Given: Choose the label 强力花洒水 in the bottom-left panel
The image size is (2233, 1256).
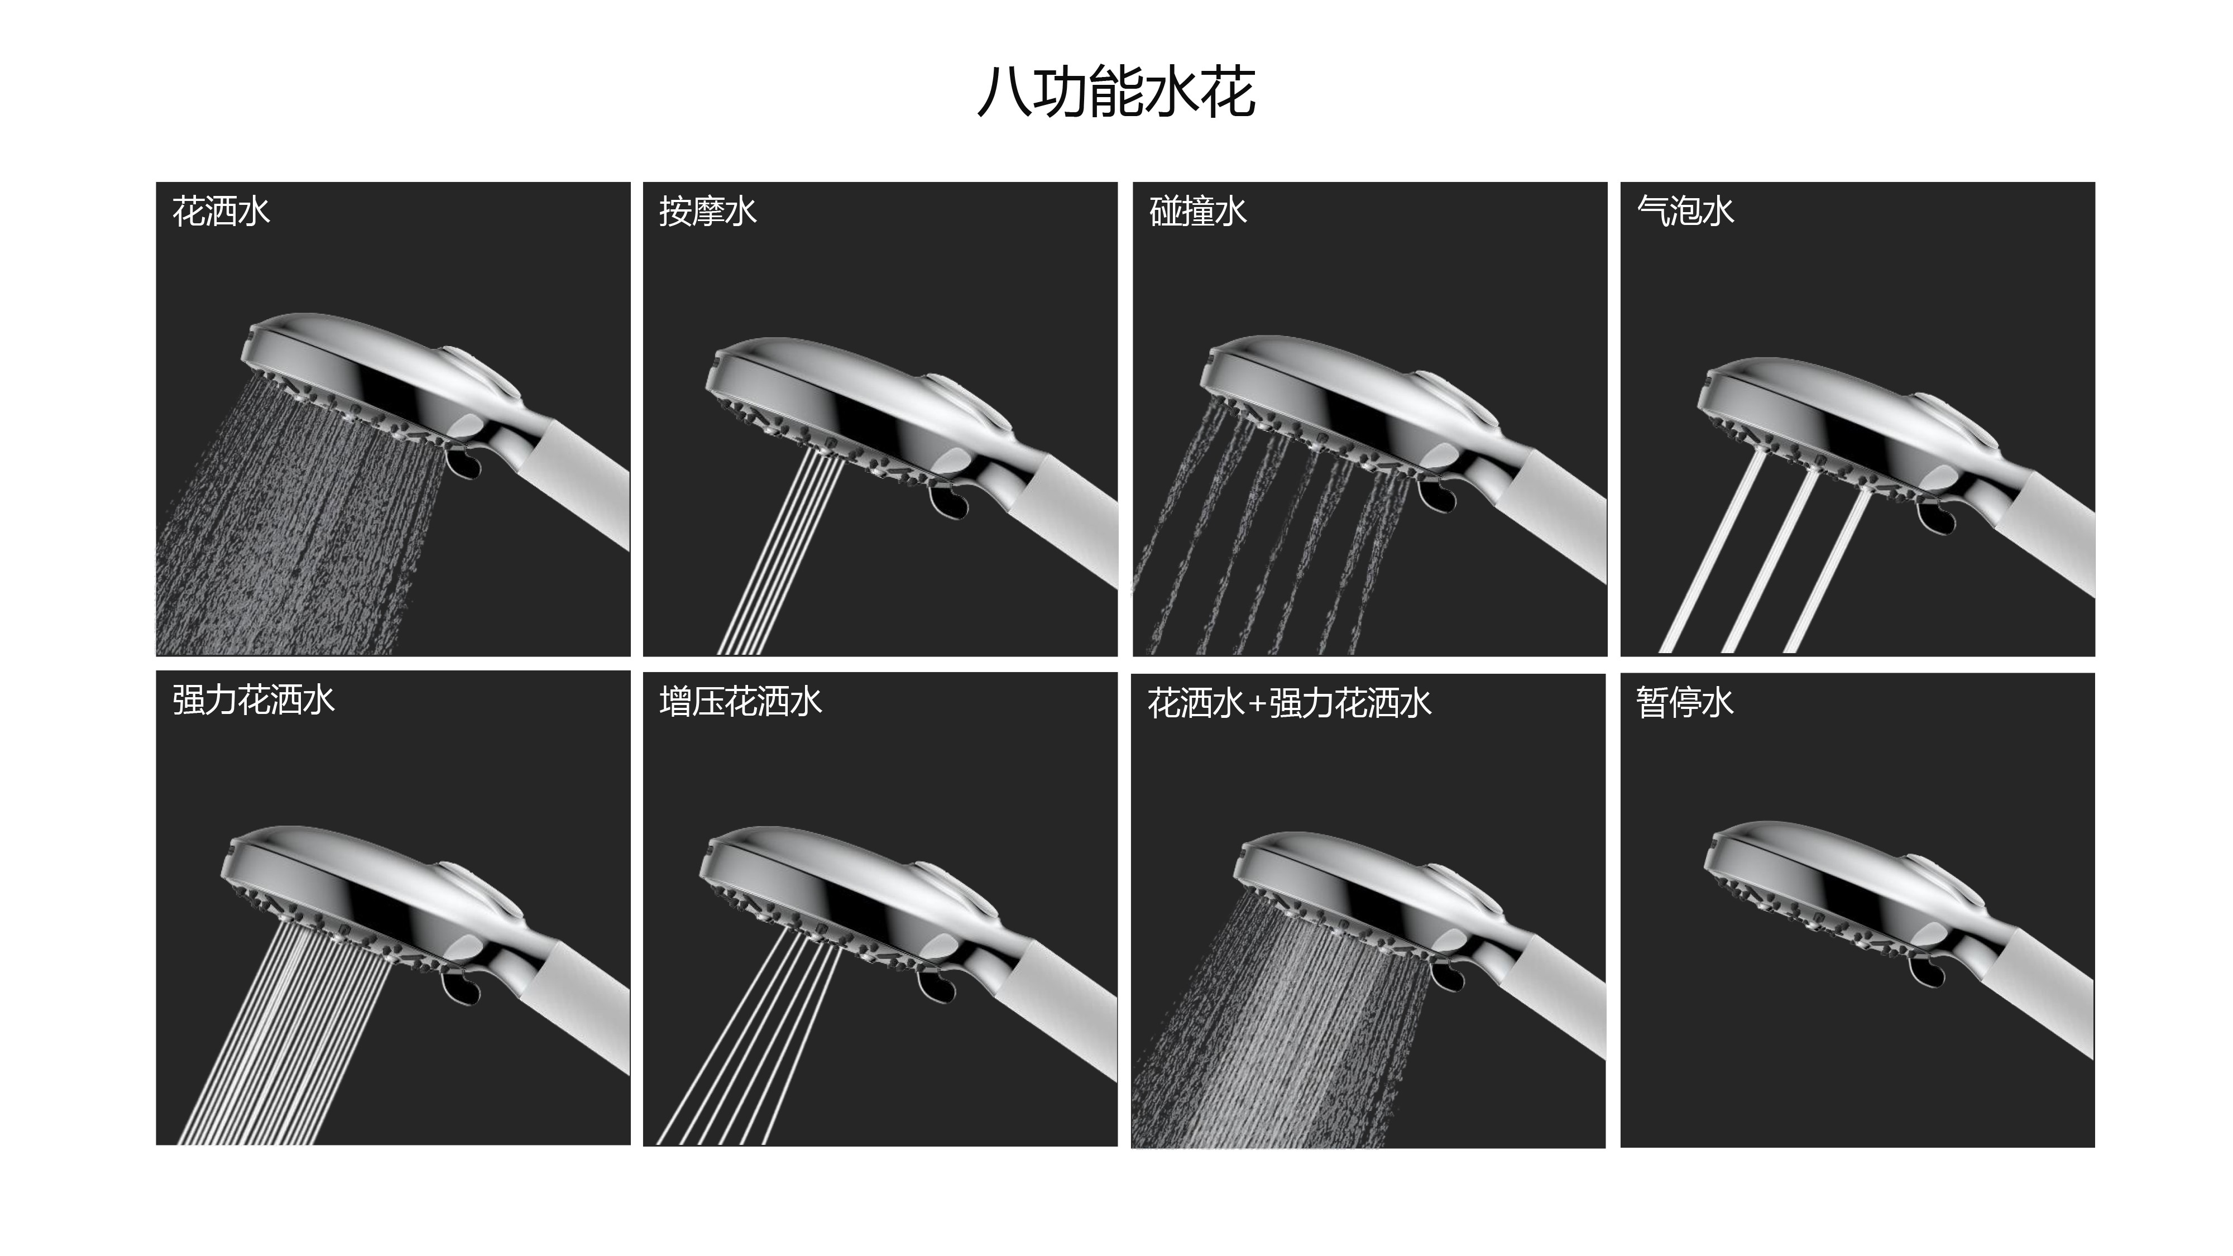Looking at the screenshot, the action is pos(253,701).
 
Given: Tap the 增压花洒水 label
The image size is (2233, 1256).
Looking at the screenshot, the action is pos(740,701).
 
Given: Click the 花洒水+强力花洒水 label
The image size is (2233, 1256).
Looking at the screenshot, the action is pos(1289,703).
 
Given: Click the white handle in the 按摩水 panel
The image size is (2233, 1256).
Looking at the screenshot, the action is pos(1071,520).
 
